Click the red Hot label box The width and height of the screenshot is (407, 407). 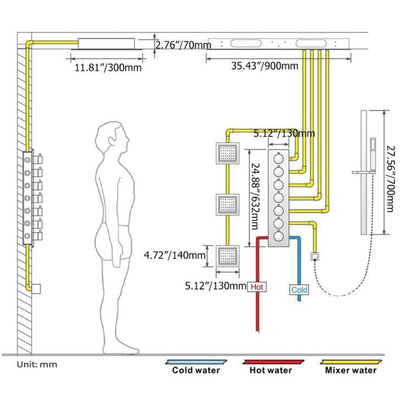(x=257, y=287)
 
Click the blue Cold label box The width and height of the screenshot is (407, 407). (x=299, y=290)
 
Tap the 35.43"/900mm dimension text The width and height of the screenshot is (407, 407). (x=264, y=66)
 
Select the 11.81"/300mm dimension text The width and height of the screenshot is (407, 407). (x=108, y=68)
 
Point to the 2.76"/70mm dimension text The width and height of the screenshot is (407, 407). (x=183, y=45)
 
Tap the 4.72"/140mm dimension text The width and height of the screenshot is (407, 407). (x=175, y=255)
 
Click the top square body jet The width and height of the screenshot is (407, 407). (x=227, y=154)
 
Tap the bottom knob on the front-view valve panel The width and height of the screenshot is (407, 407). (x=279, y=236)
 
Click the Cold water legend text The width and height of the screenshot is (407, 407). (x=196, y=370)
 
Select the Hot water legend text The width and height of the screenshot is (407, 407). (x=271, y=370)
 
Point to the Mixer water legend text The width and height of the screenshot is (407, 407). (x=351, y=370)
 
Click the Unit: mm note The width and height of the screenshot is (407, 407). (x=37, y=364)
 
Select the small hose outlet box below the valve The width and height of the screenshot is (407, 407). (x=315, y=256)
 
